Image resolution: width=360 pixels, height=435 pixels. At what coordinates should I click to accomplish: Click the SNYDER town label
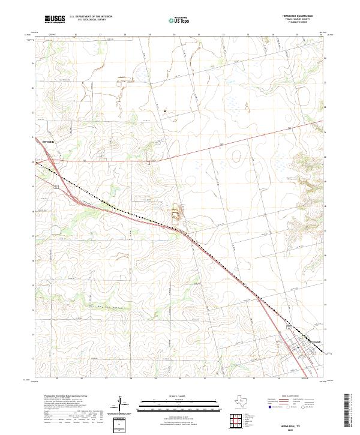click(48, 142)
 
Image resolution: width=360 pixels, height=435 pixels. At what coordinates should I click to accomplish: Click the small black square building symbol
click(165, 110)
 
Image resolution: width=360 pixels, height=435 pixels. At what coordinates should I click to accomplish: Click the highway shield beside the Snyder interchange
click(55, 187)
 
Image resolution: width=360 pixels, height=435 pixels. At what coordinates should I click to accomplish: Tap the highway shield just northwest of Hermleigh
click(292, 328)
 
